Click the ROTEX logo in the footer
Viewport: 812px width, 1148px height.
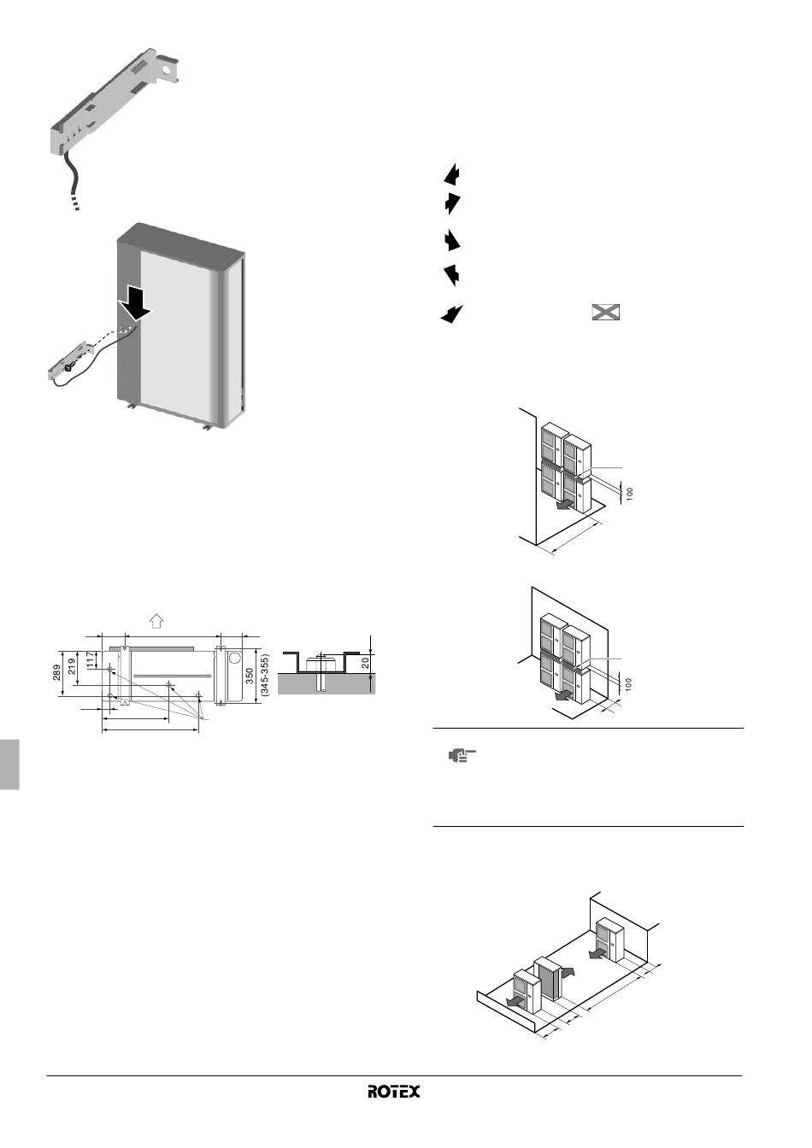394,1092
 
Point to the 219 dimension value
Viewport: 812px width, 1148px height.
73,665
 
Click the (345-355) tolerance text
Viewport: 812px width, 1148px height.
265,672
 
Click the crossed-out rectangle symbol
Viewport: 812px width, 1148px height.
605,313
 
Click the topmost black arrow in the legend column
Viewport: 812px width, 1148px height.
453,174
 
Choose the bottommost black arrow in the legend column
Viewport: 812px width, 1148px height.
451,313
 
